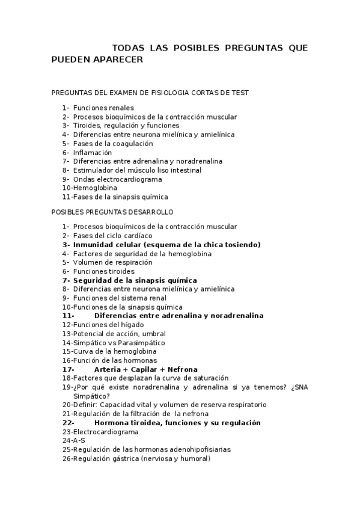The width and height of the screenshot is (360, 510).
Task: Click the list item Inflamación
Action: [93, 153]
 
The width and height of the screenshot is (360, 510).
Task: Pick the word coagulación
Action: [132, 144]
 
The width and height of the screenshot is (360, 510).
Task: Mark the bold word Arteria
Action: [109, 369]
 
